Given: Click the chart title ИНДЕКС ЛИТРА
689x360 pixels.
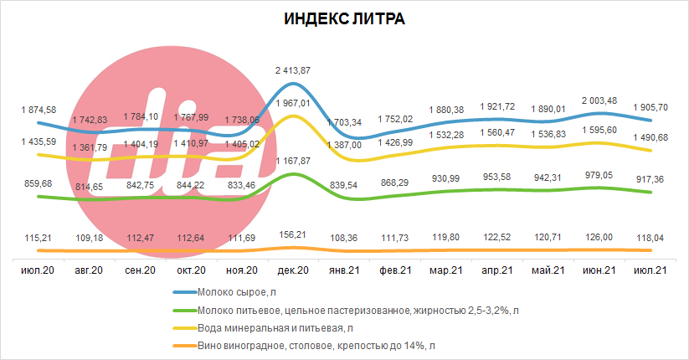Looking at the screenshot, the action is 345,19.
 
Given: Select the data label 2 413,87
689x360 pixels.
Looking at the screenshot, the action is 293,70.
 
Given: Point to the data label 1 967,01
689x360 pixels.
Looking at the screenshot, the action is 293,103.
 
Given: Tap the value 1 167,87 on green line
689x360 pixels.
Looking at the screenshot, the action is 293,161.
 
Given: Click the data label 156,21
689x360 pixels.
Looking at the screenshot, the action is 293,234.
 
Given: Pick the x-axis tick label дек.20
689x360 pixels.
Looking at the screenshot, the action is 293,270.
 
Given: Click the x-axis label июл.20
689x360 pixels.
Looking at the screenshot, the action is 38,270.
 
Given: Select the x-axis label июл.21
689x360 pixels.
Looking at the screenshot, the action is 650,270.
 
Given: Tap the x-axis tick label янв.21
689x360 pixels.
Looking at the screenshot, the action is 344,270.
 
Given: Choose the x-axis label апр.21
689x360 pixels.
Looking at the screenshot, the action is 497,270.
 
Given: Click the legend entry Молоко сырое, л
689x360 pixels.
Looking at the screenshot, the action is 224,292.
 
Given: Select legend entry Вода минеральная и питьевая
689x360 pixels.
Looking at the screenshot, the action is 263,328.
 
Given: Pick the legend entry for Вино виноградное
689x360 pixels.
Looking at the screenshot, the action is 304,346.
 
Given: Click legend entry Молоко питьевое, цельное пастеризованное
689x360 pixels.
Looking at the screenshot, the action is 346,311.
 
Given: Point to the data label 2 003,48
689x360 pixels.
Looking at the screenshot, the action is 599,100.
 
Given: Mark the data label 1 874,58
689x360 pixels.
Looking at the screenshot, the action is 39,110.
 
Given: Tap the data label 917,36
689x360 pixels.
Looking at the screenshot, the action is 650,179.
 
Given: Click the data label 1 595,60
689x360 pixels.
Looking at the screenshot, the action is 599,130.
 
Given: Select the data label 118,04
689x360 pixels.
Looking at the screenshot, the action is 650,238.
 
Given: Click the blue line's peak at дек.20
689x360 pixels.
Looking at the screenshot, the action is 293,83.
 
